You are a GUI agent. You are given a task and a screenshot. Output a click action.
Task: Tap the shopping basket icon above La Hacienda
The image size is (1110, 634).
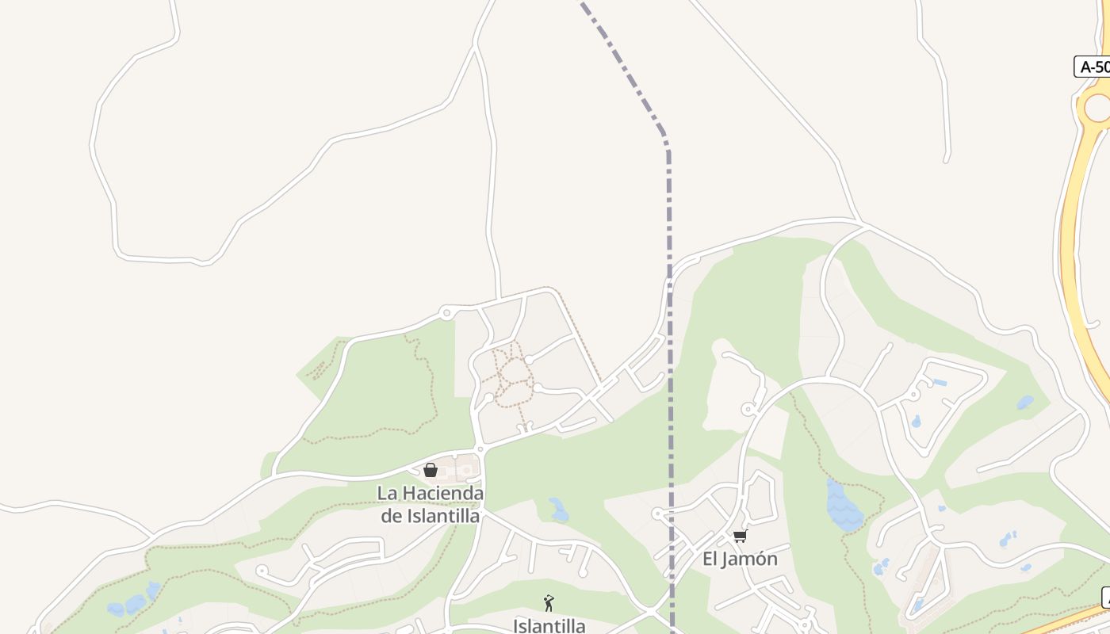click(431, 470)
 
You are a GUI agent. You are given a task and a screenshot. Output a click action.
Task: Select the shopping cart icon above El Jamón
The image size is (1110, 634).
click(740, 537)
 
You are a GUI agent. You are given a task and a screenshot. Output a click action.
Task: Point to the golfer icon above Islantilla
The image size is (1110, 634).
click(548, 603)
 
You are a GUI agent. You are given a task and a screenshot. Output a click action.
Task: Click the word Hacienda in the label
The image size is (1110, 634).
click(442, 493)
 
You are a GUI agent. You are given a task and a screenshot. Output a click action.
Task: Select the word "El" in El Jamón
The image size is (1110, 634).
click(710, 559)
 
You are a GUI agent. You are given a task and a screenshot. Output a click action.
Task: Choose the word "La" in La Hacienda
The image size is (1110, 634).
click(386, 493)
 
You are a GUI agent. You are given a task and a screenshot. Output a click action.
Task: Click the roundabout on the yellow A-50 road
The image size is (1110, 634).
click(1098, 107)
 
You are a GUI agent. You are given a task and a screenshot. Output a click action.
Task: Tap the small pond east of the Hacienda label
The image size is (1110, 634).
click(559, 510)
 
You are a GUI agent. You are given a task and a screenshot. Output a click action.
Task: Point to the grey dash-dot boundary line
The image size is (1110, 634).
click(669, 317)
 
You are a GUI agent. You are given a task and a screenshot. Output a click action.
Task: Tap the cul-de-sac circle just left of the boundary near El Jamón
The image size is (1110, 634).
click(657, 514)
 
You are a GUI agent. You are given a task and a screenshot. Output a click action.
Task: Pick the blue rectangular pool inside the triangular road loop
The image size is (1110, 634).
click(940, 383)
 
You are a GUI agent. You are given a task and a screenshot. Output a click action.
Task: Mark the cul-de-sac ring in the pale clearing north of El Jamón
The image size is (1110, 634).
click(747, 409)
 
